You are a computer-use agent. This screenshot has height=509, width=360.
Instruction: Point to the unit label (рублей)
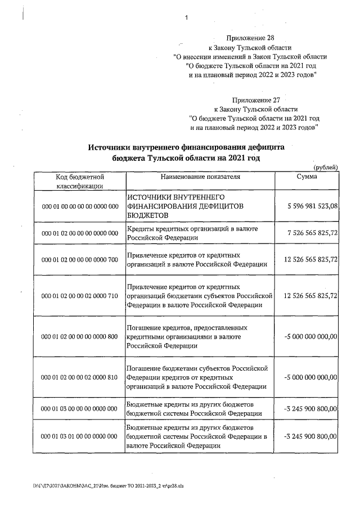[x=325, y=167]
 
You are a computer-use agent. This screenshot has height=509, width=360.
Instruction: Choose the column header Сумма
[x=307, y=177]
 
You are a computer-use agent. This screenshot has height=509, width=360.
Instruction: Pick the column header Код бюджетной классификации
[x=79, y=181]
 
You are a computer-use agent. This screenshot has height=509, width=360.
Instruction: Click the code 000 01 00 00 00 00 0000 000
[x=79, y=206]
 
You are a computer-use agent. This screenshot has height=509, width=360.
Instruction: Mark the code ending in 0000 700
[x=79, y=259]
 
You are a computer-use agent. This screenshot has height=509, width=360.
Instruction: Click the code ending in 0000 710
[x=79, y=295]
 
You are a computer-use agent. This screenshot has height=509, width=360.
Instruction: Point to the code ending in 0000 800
[x=79, y=336]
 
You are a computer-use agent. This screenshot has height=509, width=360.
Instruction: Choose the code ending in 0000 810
[x=79, y=377]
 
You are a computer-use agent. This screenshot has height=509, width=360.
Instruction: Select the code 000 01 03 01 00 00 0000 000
[x=79, y=436]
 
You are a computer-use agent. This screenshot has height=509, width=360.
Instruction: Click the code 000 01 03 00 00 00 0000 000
[x=79, y=409]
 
